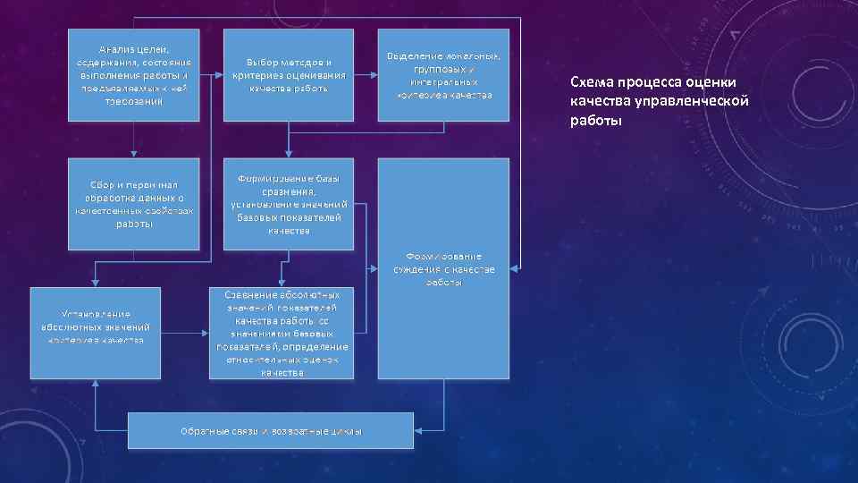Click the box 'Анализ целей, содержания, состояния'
133,75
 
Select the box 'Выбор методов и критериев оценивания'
288,75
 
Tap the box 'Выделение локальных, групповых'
443,75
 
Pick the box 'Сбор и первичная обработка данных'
133,204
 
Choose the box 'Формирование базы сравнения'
288,204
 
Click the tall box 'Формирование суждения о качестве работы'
443,268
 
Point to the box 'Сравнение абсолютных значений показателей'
282,332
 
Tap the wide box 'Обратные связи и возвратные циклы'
271,430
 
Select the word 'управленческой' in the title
698,101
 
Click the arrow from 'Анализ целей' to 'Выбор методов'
210,75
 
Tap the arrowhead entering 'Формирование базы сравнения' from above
288,154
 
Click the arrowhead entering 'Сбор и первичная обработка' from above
133,154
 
